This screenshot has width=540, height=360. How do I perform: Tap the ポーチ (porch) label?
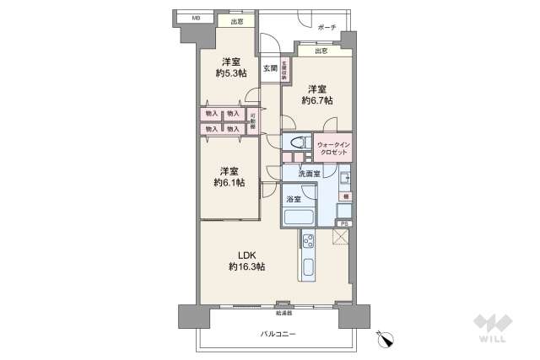tap(327, 28)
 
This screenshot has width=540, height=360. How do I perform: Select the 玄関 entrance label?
tap(270, 67)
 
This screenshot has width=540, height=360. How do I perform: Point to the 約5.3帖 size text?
tap(229, 74)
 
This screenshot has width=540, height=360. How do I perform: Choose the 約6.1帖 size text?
tap(229, 182)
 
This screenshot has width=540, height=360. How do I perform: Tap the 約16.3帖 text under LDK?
tap(246, 266)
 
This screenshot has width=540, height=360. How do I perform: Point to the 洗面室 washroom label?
tap(309, 174)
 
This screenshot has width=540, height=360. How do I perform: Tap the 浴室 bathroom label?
tap(293, 199)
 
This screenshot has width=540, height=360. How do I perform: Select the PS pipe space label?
tap(343, 223)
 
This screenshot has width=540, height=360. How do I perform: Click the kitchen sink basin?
tap(308, 272)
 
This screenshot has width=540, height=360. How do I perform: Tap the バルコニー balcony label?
tap(278, 336)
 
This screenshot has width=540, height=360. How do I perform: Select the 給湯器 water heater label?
tap(283, 311)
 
